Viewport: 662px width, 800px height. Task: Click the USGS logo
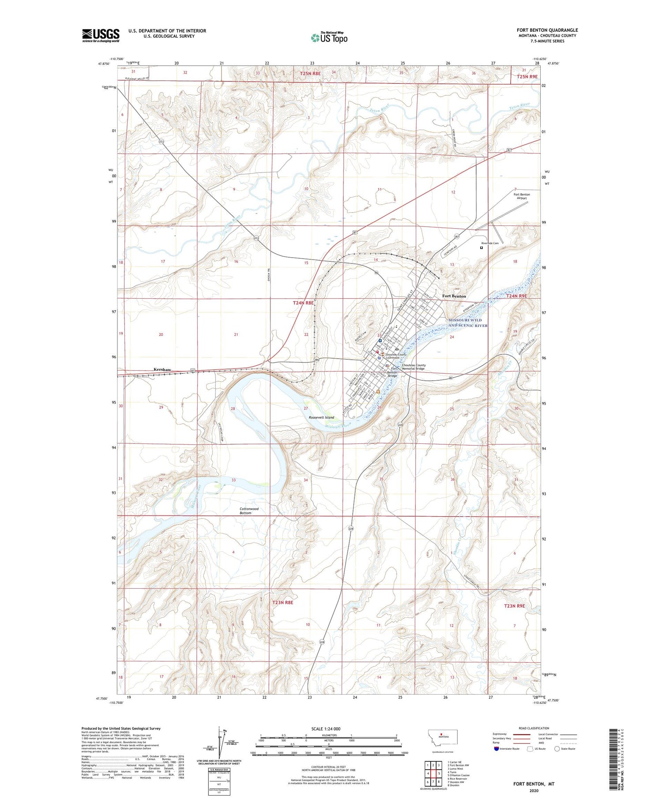[101, 35]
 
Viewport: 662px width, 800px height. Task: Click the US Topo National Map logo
[329, 38]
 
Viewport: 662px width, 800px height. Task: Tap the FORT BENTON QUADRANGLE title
[547, 30]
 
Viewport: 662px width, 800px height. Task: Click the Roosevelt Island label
[321, 417]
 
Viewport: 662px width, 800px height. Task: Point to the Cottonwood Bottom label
[249, 511]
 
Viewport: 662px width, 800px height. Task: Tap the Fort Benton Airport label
[522, 196]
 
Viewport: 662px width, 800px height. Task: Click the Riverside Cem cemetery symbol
[481, 248]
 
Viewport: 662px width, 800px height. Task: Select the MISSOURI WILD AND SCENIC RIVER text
[468, 323]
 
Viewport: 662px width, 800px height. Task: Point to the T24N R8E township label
[303, 303]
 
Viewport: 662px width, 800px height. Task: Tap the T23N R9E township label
[514, 606]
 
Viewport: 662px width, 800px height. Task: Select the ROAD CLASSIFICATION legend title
[534, 728]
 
